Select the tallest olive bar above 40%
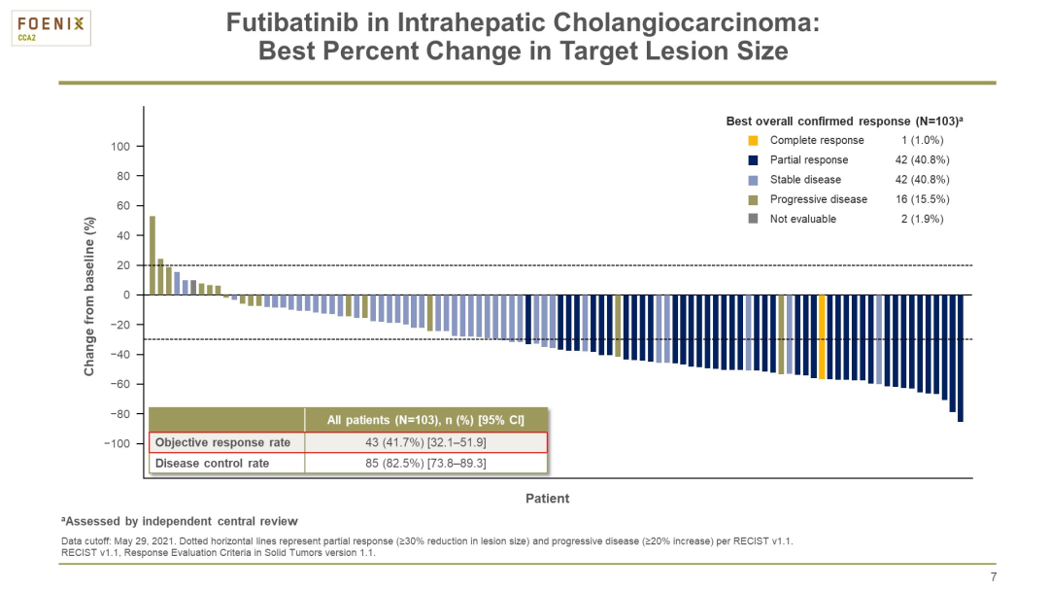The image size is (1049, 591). click(x=152, y=255)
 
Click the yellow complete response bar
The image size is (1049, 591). click(x=823, y=337)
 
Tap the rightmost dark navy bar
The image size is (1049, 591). click(x=961, y=358)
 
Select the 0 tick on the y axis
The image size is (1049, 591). click(x=125, y=295)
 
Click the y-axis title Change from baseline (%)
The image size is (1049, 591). click(x=89, y=295)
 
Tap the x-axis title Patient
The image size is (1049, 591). click(x=547, y=499)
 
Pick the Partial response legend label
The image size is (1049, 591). click(x=808, y=160)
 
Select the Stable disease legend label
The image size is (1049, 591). click(x=805, y=180)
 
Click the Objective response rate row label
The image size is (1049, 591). click(x=223, y=442)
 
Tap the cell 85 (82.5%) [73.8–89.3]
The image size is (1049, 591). click(x=425, y=464)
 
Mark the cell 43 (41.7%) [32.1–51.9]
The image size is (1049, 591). click(x=425, y=442)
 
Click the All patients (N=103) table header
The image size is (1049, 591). click(x=425, y=420)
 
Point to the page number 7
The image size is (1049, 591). click(x=993, y=576)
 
